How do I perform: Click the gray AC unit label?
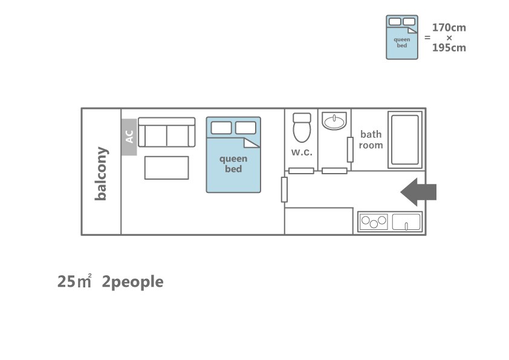(x=129, y=137)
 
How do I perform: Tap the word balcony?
(x=101, y=174)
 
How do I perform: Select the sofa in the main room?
(x=166, y=133)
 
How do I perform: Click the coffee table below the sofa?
(x=166, y=168)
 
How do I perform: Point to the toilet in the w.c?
(x=302, y=128)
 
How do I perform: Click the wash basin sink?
(x=334, y=121)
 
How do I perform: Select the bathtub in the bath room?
(x=405, y=140)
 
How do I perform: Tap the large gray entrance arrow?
(x=418, y=192)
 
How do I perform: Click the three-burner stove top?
(x=374, y=221)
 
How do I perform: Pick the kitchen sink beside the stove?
(x=406, y=222)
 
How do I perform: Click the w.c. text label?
(x=302, y=152)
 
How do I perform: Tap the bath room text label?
(x=371, y=140)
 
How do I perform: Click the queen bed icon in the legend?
(x=402, y=37)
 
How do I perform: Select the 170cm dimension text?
(x=449, y=28)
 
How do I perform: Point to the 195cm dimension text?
(x=449, y=48)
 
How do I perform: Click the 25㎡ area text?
(x=74, y=281)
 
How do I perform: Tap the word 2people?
(x=132, y=282)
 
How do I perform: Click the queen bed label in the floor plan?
(x=233, y=164)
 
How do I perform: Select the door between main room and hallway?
(x=284, y=189)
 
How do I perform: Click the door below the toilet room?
(x=301, y=171)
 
